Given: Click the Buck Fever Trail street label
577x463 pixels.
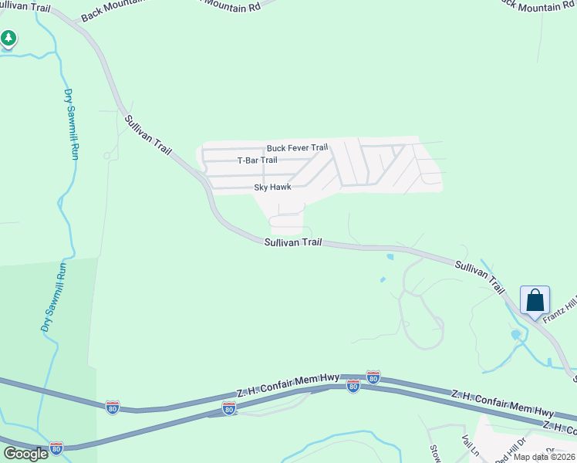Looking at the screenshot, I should pyautogui.click(x=297, y=147).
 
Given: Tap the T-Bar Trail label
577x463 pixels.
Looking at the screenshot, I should pyautogui.click(x=257, y=161).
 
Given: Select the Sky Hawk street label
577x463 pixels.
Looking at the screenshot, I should pyautogui.click(x=272, y=188).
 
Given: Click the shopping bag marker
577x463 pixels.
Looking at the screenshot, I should pyautogui.click(x=535, y=301).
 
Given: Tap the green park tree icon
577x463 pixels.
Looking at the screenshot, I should pyautogui.click(x=8, y=38).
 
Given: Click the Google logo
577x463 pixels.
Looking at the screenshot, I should pyautogui.click(x=25, y=453).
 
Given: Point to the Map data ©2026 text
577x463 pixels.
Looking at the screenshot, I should pyautogui.click(x=543, y=457).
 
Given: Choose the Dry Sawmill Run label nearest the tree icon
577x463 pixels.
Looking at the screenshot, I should pyautogui.click(x=71, y=124).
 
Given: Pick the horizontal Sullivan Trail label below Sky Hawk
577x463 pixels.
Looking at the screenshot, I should pyautogui.click(x=292, y=242).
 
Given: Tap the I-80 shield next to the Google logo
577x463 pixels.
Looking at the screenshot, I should pyautogui.click(x=56, y=448).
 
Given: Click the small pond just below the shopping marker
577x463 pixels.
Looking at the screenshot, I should pyautogui.click(x=515, y=334).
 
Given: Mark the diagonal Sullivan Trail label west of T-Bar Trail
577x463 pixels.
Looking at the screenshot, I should pyautogui.click(x=147, y=133).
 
